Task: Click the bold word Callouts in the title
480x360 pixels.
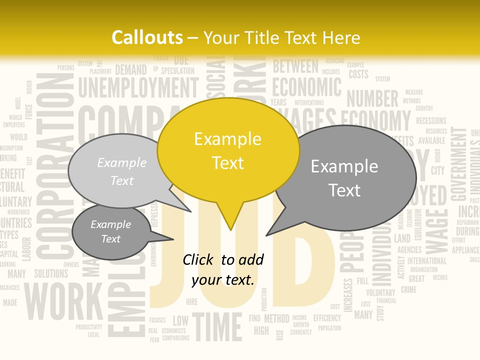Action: tap(147, 37)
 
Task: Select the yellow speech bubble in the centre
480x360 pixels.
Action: tap(228, 150)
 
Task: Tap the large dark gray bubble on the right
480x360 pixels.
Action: tap(345, 178)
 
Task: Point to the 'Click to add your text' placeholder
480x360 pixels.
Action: tap(222, 269)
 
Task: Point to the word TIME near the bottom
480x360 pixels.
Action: tap(217, 326)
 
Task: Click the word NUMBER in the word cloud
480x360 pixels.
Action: tap(372, 98)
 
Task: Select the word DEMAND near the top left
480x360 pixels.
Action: tap(131, 70)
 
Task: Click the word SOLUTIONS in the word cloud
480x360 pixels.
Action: tap(50, 273)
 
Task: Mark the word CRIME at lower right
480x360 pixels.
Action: tap(408, 289)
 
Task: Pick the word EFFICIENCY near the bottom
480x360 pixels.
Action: tap(327, 317)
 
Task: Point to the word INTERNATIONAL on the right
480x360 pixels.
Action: tap(426, 260)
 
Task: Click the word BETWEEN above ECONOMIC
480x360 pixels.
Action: tap(295, 66)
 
